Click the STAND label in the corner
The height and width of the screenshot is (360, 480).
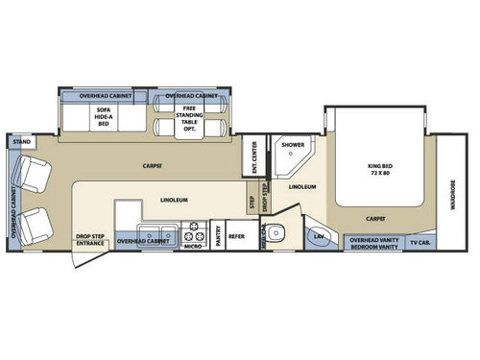pyautogui.click(x=21, y=142)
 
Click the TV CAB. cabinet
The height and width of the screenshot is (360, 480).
pyautogui.click(x=420, y=241)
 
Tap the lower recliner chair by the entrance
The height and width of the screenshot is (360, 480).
pyautogui.click(x=38, y=224)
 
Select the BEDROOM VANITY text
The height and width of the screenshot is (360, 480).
pyautogui.click(x=373, y=247)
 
